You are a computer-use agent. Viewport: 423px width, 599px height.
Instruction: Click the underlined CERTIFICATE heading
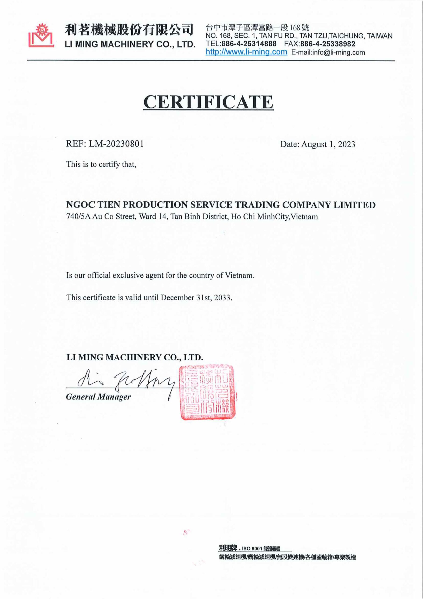[x=208, y=102]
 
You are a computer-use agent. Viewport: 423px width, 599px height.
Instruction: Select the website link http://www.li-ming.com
[x=246, y=52]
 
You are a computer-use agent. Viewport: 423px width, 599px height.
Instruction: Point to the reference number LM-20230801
[x=116, y=144]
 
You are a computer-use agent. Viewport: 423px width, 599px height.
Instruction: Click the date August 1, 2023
[x=328, y=144]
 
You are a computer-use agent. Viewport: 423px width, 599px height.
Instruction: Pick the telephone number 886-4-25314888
[x=249, y=44]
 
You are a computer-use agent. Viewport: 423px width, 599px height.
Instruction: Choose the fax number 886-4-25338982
[x=328, y=44]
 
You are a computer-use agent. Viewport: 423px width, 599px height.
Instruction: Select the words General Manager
[x=98, y=397]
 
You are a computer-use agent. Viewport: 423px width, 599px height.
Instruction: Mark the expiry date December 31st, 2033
[x=196, y=298]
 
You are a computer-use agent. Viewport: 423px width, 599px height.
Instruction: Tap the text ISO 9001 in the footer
[x=252, y=549]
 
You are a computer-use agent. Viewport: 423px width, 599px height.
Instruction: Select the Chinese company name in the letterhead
[x=129, y=29]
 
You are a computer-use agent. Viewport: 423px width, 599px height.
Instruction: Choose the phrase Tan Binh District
[x=199, y=216]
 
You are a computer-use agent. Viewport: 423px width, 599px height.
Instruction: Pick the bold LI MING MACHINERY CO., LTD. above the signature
[x=134, y=357]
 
